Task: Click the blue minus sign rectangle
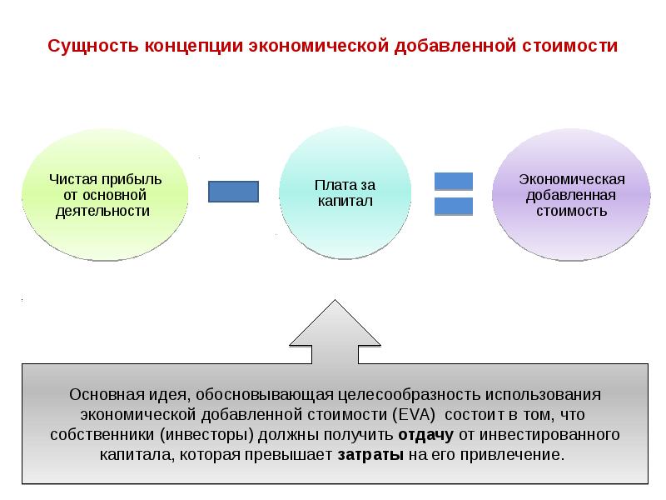pyautogui.click(x=232, y=192)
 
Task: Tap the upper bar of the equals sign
pyautogui.click(x=454, y=181)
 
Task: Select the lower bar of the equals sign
pyautogui.click(x=454, y=206)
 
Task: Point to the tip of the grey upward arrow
pyautogui.click(x=335, y=302)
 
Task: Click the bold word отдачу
pyautogui.click(x=425, y=435)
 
